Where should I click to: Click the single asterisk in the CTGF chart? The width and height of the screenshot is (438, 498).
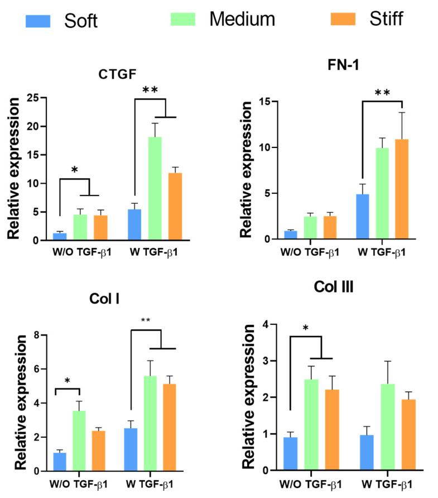click(x=74, y=169)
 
